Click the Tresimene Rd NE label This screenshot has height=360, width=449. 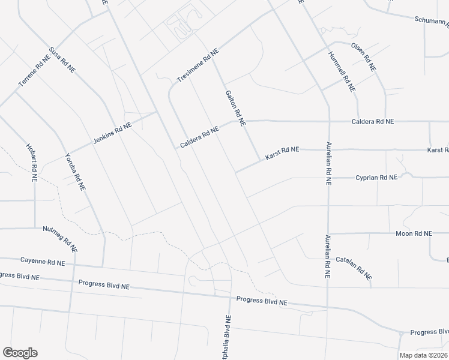point(198,66)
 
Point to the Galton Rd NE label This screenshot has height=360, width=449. point(235,109)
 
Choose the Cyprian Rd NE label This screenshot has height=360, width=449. point(376,178)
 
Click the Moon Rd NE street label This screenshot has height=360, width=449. point(414,233)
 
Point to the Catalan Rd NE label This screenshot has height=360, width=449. point(354,268)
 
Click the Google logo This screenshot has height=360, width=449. point(20,352)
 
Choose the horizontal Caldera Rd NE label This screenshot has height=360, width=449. point(372,121)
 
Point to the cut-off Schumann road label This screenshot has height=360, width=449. point(431,21)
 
